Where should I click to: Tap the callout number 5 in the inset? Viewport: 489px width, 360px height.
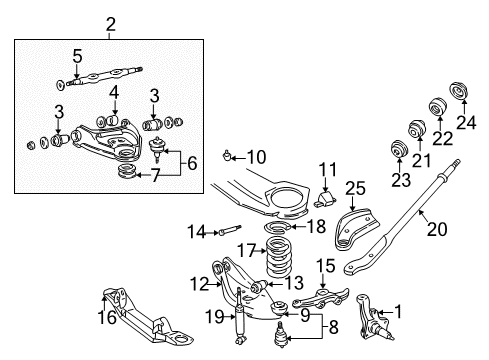pos(76,56)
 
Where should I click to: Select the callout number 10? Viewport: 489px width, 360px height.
pos(256,156)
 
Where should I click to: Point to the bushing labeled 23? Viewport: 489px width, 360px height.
pos(397,153)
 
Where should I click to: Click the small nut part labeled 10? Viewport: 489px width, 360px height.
pos(230,155)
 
